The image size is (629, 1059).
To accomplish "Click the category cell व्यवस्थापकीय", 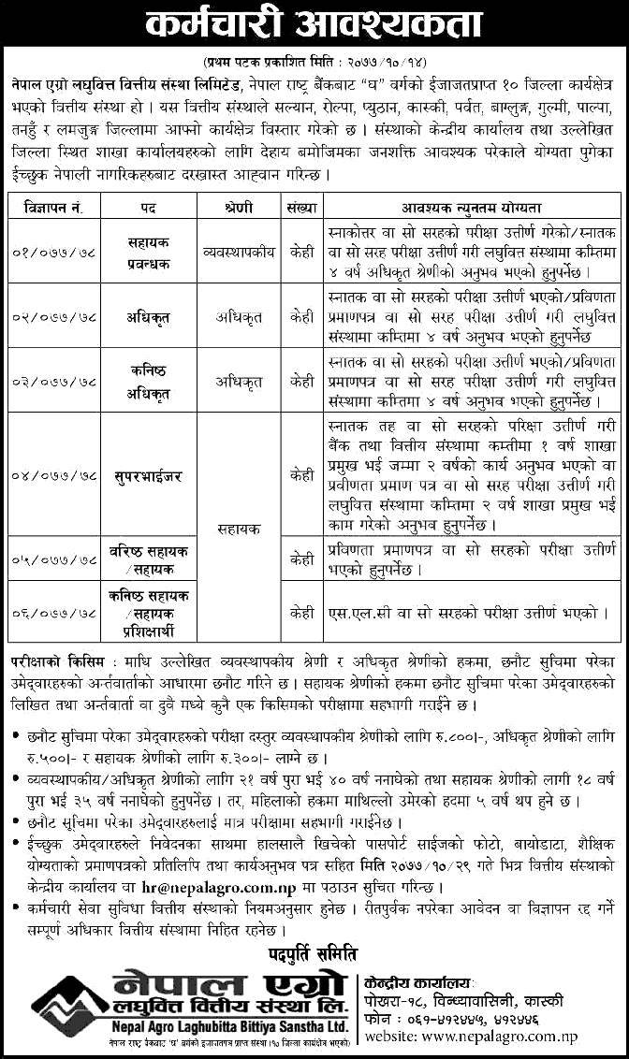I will [x=233, y=252].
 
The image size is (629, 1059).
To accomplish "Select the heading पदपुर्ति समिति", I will [x=315, y=953].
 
